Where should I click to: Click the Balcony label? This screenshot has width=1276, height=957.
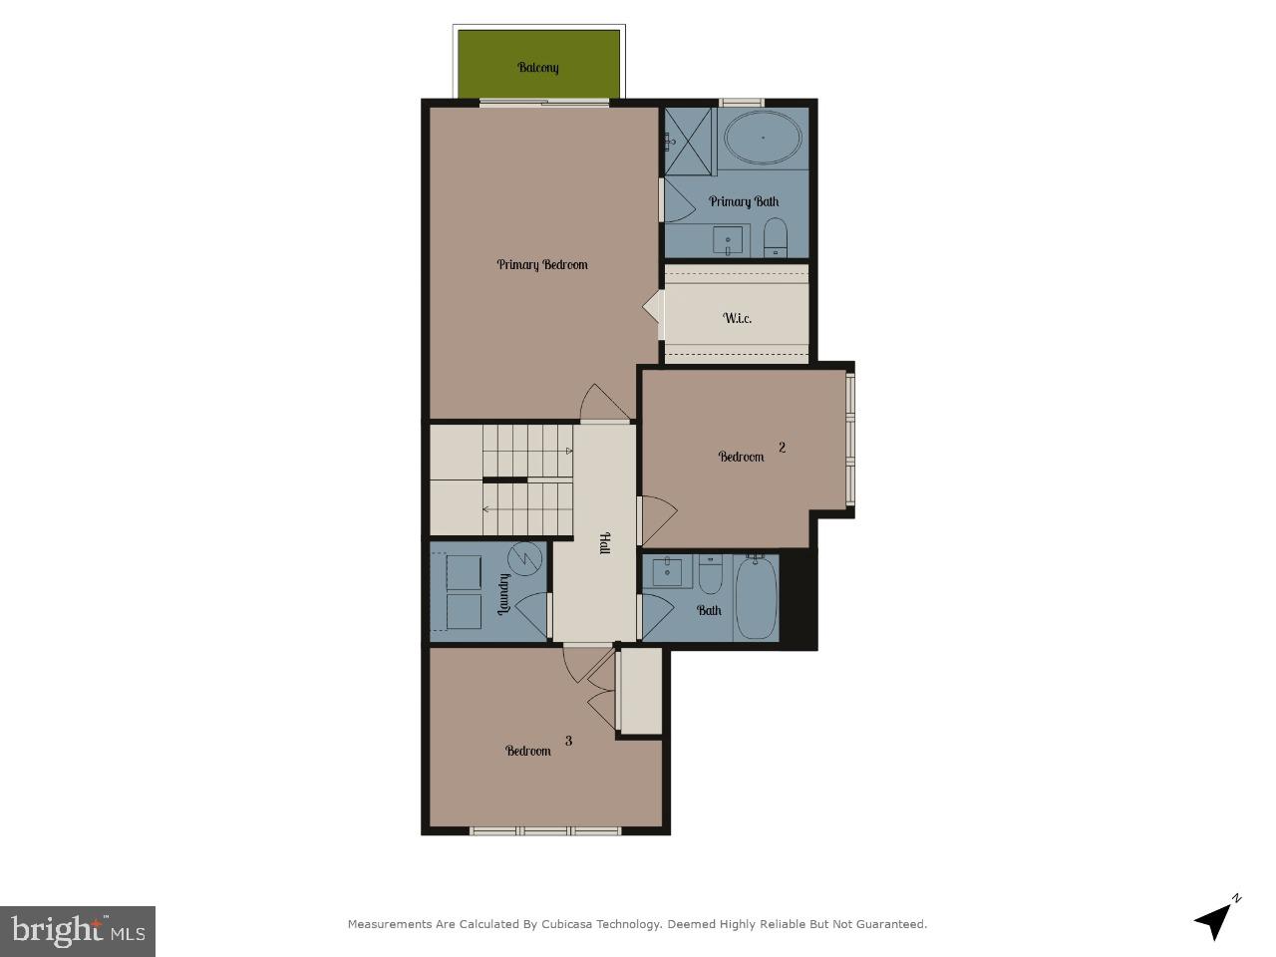pyautogui.click(x=538, y=68)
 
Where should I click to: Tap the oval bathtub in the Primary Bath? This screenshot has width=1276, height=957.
pyautogui.click(x=763, y=139)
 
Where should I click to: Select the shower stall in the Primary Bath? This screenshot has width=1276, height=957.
pyautogui.click(x=690, y=141)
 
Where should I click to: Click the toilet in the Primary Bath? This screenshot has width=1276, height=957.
pyautogui.click(x=776, y=237)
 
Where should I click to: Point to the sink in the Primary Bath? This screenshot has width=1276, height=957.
pyautogui.click(x=731, y=240)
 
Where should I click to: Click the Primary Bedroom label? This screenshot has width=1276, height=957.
pyautogui.click(x=542, y=264)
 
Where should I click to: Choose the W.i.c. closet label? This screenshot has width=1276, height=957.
pyautogui.click(x=737, y=318)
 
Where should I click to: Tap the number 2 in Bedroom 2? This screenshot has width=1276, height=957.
pyautogui.click(x=782, y=448)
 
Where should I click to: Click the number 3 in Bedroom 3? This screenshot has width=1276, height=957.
pyautogui.click(x=568, y=741)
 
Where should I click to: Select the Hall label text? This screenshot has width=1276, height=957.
pyautogui.click(x=604, y=543)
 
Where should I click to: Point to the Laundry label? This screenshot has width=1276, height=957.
pyautogui.click(x=504, y=594)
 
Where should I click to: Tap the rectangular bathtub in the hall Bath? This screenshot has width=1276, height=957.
pyautogui.click(x=756, y=597)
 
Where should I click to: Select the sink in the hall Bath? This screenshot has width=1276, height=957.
pyautogui.click(x=667, y=572)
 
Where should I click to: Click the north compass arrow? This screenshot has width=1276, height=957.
pyautogui.click(x=1214, y=918)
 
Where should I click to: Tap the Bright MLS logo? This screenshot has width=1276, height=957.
pyautogui.click(x=78, y=931)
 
